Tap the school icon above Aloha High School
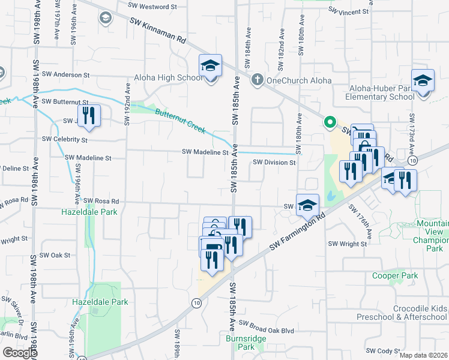(211, 66)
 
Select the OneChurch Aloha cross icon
(257, 79)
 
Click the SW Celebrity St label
(64, 139)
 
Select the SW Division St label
(274, 163)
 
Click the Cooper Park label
(394, 276)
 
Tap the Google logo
(20, 353)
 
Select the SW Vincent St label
(348, 11)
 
